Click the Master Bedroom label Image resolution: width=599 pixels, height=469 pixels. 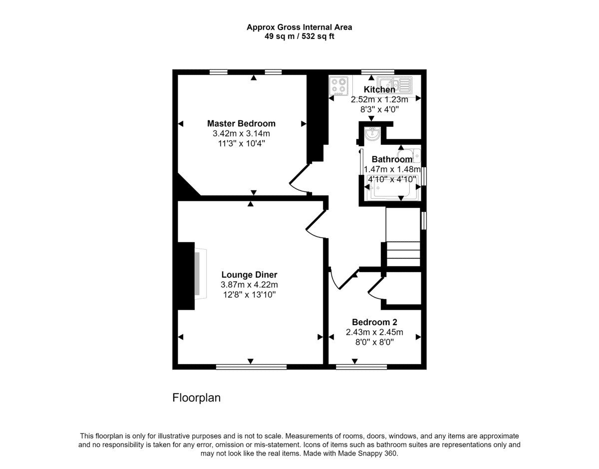coord(241,123)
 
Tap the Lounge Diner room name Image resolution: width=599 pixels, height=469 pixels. coord(249,275)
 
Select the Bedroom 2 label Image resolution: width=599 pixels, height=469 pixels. coord(374,322)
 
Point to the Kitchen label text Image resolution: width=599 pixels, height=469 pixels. coord(379,89)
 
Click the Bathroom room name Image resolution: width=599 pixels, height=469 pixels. coord(392,159)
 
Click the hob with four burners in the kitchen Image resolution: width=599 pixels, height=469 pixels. coord(339,85)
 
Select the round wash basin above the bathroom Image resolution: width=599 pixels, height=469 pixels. coord(372,134)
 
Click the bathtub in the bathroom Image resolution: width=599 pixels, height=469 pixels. coord(392,188)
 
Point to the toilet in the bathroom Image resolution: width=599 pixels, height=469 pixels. coord(409,156)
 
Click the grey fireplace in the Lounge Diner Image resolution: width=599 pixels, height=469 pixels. coord(200,274)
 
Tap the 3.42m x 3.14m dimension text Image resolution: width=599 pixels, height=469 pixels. coord(241,134)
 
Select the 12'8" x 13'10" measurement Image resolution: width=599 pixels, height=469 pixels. coord(249,295)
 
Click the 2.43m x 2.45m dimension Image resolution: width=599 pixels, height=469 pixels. coord(374,332)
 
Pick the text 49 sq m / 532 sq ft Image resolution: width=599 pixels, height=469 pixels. coord(299,36)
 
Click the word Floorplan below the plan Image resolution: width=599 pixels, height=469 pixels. coord(196,398)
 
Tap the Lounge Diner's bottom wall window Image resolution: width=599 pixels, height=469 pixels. coord(251,367)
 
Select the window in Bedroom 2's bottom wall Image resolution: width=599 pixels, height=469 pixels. coord(361,367)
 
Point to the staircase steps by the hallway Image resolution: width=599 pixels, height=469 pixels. coord(403,254)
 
